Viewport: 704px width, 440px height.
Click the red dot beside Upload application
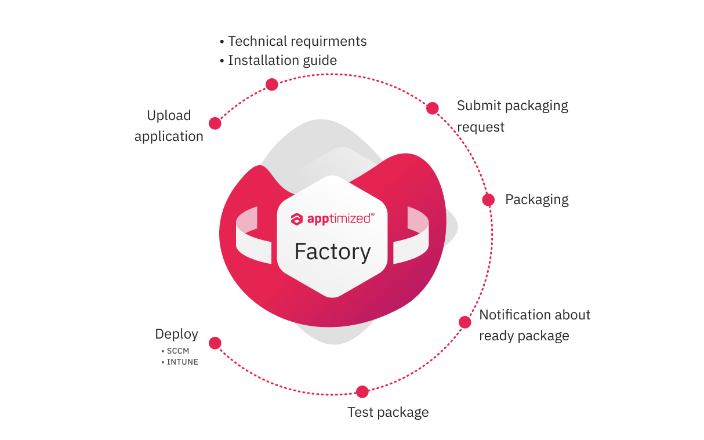215,123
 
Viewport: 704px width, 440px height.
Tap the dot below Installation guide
271,85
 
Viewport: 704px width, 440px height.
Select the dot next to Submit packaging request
432,108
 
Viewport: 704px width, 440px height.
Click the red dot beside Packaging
488,199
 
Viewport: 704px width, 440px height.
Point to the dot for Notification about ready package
465,322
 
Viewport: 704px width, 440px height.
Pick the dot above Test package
362,392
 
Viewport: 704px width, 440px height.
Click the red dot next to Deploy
215,343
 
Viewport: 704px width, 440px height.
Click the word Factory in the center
332,252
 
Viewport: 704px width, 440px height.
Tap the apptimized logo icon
297,219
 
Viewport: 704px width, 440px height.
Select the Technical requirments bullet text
297,41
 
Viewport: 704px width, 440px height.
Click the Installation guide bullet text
282,60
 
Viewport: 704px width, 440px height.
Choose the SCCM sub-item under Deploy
178,351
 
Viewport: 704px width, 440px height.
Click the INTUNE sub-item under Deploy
182,362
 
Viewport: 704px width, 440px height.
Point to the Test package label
388,412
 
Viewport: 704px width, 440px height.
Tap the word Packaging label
536,199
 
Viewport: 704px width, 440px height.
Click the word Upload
169,115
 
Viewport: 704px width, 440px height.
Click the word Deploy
176,334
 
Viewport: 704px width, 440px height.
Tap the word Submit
479,106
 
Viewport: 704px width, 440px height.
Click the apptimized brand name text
340,219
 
